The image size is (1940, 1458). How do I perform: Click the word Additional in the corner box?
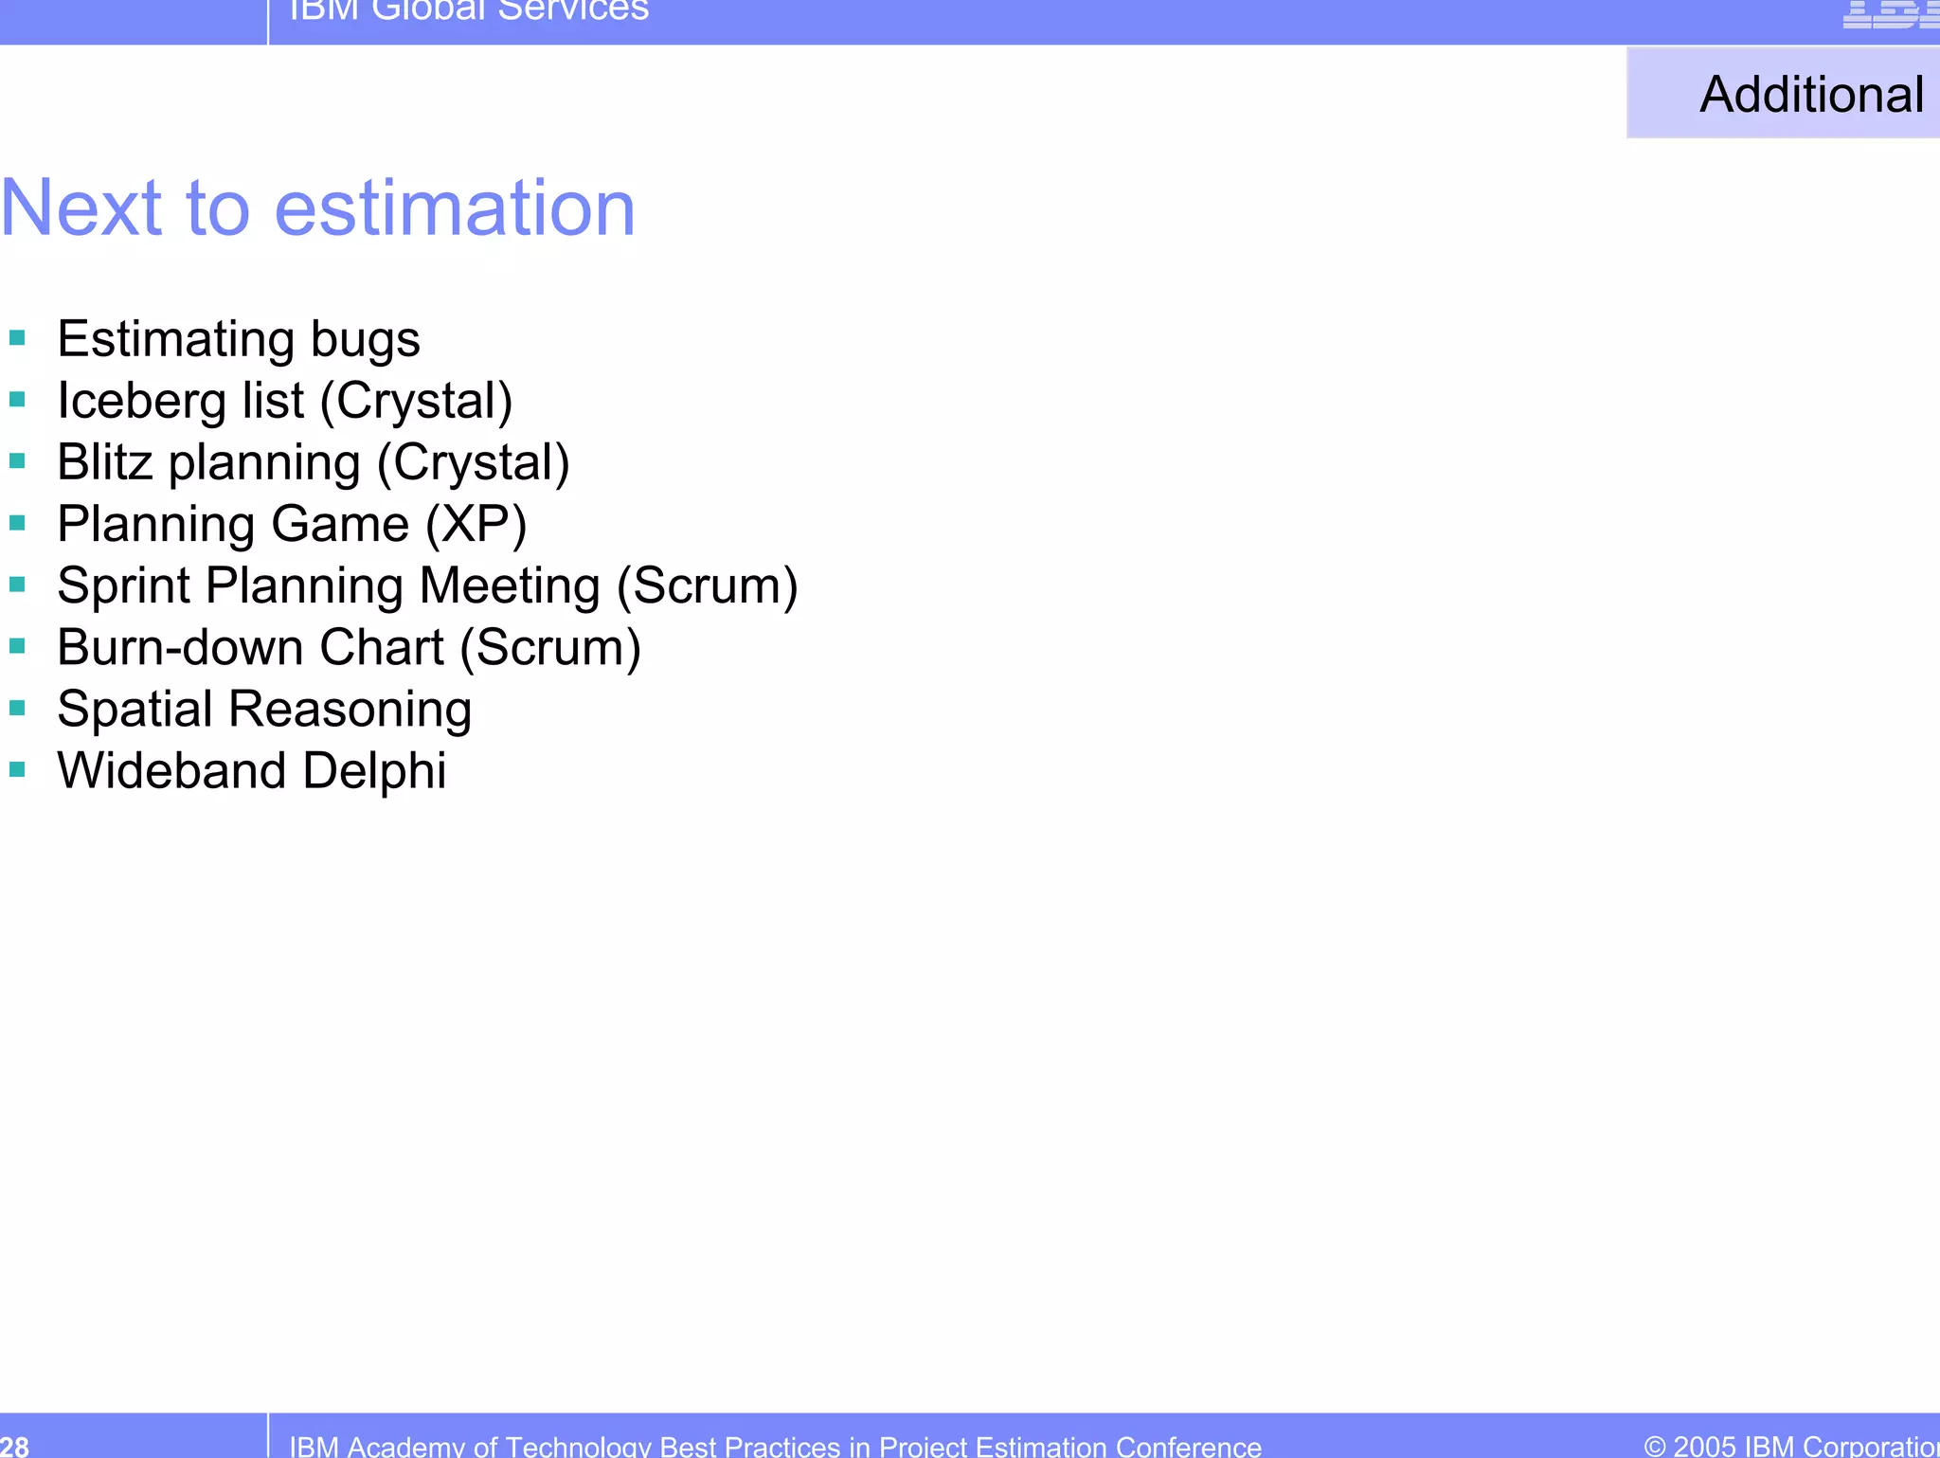[1810, 95]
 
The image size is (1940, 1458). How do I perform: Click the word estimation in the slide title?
[455, 208]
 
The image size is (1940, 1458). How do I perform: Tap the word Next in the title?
[81, 208]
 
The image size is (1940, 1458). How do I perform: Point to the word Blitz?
[104, 462]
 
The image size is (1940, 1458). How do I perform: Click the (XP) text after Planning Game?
[476, 524]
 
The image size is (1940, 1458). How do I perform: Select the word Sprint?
[123, 586]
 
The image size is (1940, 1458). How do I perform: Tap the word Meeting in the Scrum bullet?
[510, 585]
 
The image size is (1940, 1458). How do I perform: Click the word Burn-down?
[180, 647]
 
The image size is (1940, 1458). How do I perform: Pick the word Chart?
[382, 647]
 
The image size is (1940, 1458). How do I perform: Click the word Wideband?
[171, 770]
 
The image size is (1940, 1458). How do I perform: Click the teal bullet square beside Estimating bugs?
[17, 337]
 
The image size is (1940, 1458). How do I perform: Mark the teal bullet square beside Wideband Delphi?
[17, 769]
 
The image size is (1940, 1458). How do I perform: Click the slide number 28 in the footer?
[14, 1446]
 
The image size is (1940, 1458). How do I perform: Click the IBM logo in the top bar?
[1890, 13]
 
